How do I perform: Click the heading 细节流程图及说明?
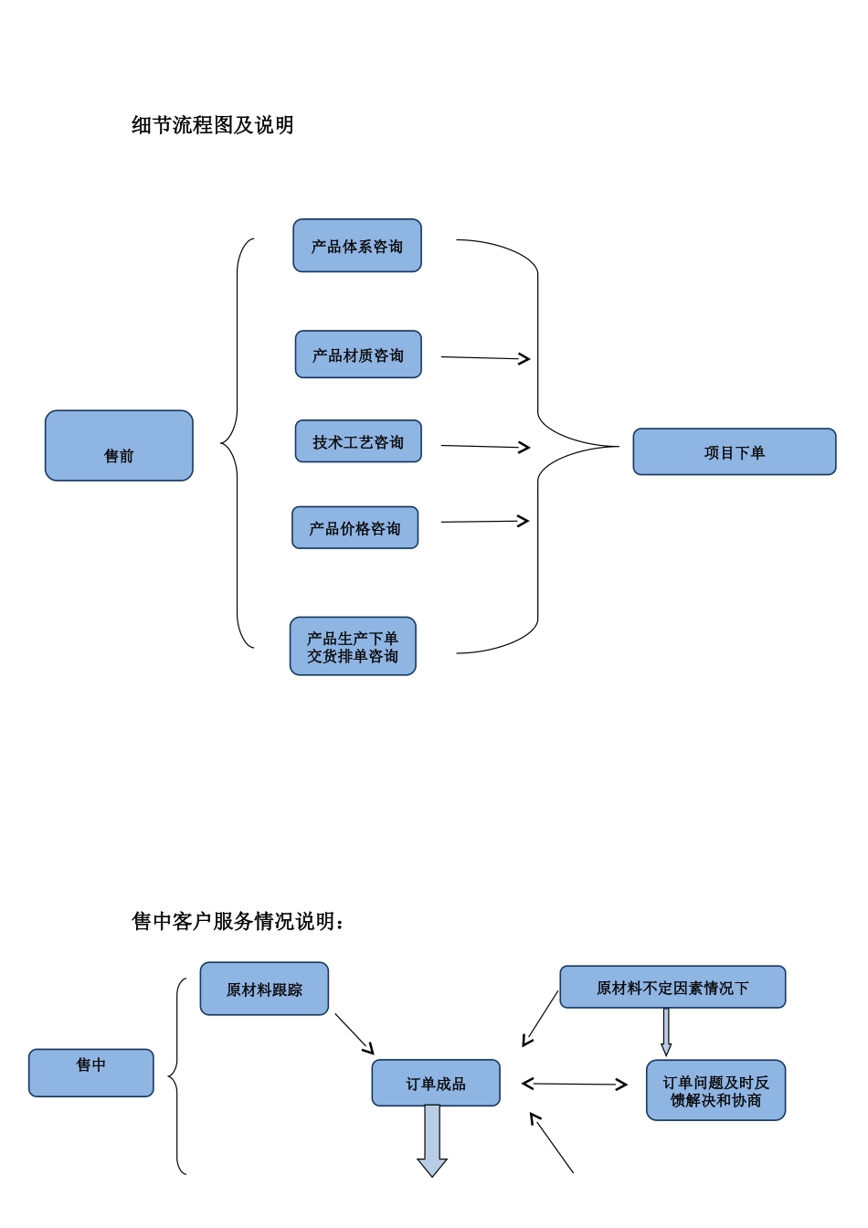click(212, 125)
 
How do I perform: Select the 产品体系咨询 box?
click(356, 246)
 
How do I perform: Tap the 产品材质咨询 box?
click(357, 355)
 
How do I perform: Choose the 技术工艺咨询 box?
click(357, 441)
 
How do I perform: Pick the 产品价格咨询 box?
click(355, 528)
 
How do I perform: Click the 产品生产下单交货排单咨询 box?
click(353, 647)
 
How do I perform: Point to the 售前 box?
click(119, 446)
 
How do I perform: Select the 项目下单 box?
click(734, 452)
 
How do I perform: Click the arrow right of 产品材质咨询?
click(485, 358)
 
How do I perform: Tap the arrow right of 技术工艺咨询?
click(485, 447)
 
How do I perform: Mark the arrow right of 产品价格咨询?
click(485, 522)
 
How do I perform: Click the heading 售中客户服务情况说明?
click(238, 921)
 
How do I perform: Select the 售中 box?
click(90, 1073)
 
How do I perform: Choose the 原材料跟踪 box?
click(264, 989)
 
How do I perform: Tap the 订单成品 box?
click(435, 1083)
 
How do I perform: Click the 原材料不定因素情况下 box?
click(672, 988)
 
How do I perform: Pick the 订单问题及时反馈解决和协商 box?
click(715, 1091)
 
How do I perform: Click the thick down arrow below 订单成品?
click(432, 1141)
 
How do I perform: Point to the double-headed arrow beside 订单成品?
click(574, 1085)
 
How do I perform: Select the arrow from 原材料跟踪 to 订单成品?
click(355, 1034)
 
